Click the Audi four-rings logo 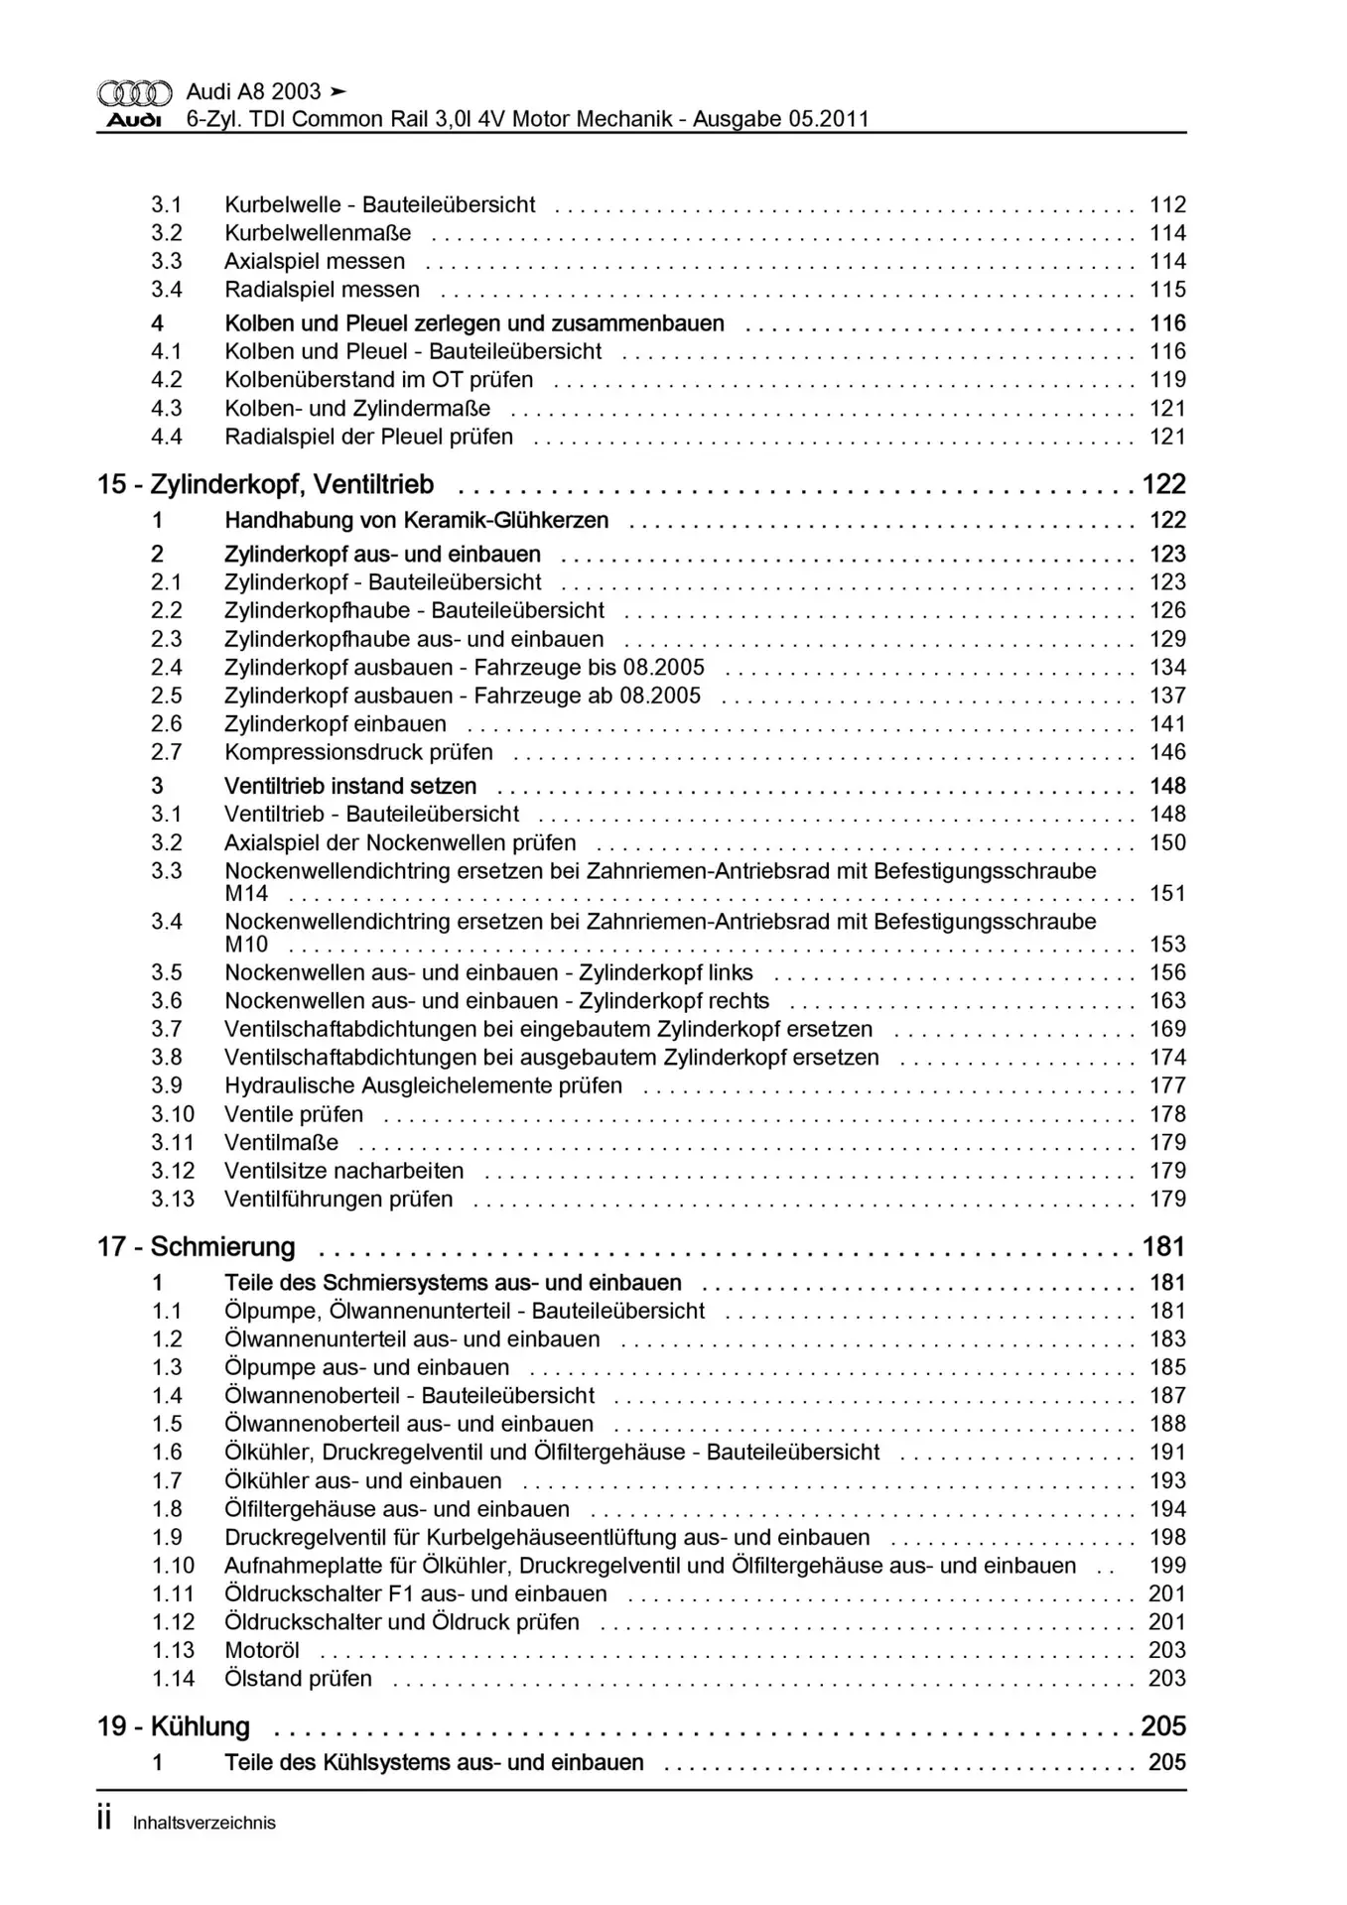[x=134, y=93]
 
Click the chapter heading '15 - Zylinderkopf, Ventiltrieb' [x=265, y=484]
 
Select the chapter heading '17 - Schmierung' [x=196, y=1246]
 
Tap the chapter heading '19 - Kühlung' [x=173, y=1726]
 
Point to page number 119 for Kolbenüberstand [x=1167, y=380]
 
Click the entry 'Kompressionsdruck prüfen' [x=358, y=752]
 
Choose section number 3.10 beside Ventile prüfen [x=173, y=1114]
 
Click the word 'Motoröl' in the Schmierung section [x=261, y=1650]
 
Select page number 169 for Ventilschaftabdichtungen [x=1167, y=1029]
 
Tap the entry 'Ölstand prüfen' [x=298, y=1679]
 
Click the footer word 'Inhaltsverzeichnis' [x=203, y=1823]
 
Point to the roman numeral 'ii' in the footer [x=105, y=1820]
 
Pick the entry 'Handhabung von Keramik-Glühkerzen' [x=416, y=520]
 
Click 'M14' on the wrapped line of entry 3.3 [x=246, y=893]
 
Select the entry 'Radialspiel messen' [x=322, y=290]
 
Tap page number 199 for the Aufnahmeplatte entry [x=1167, y=1566]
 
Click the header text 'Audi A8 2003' [x=253, y=91]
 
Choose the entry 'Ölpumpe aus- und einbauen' [x=366, y=1367]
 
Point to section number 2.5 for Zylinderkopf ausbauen [x=167, y=696]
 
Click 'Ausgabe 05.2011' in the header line [x=780, y=119]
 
